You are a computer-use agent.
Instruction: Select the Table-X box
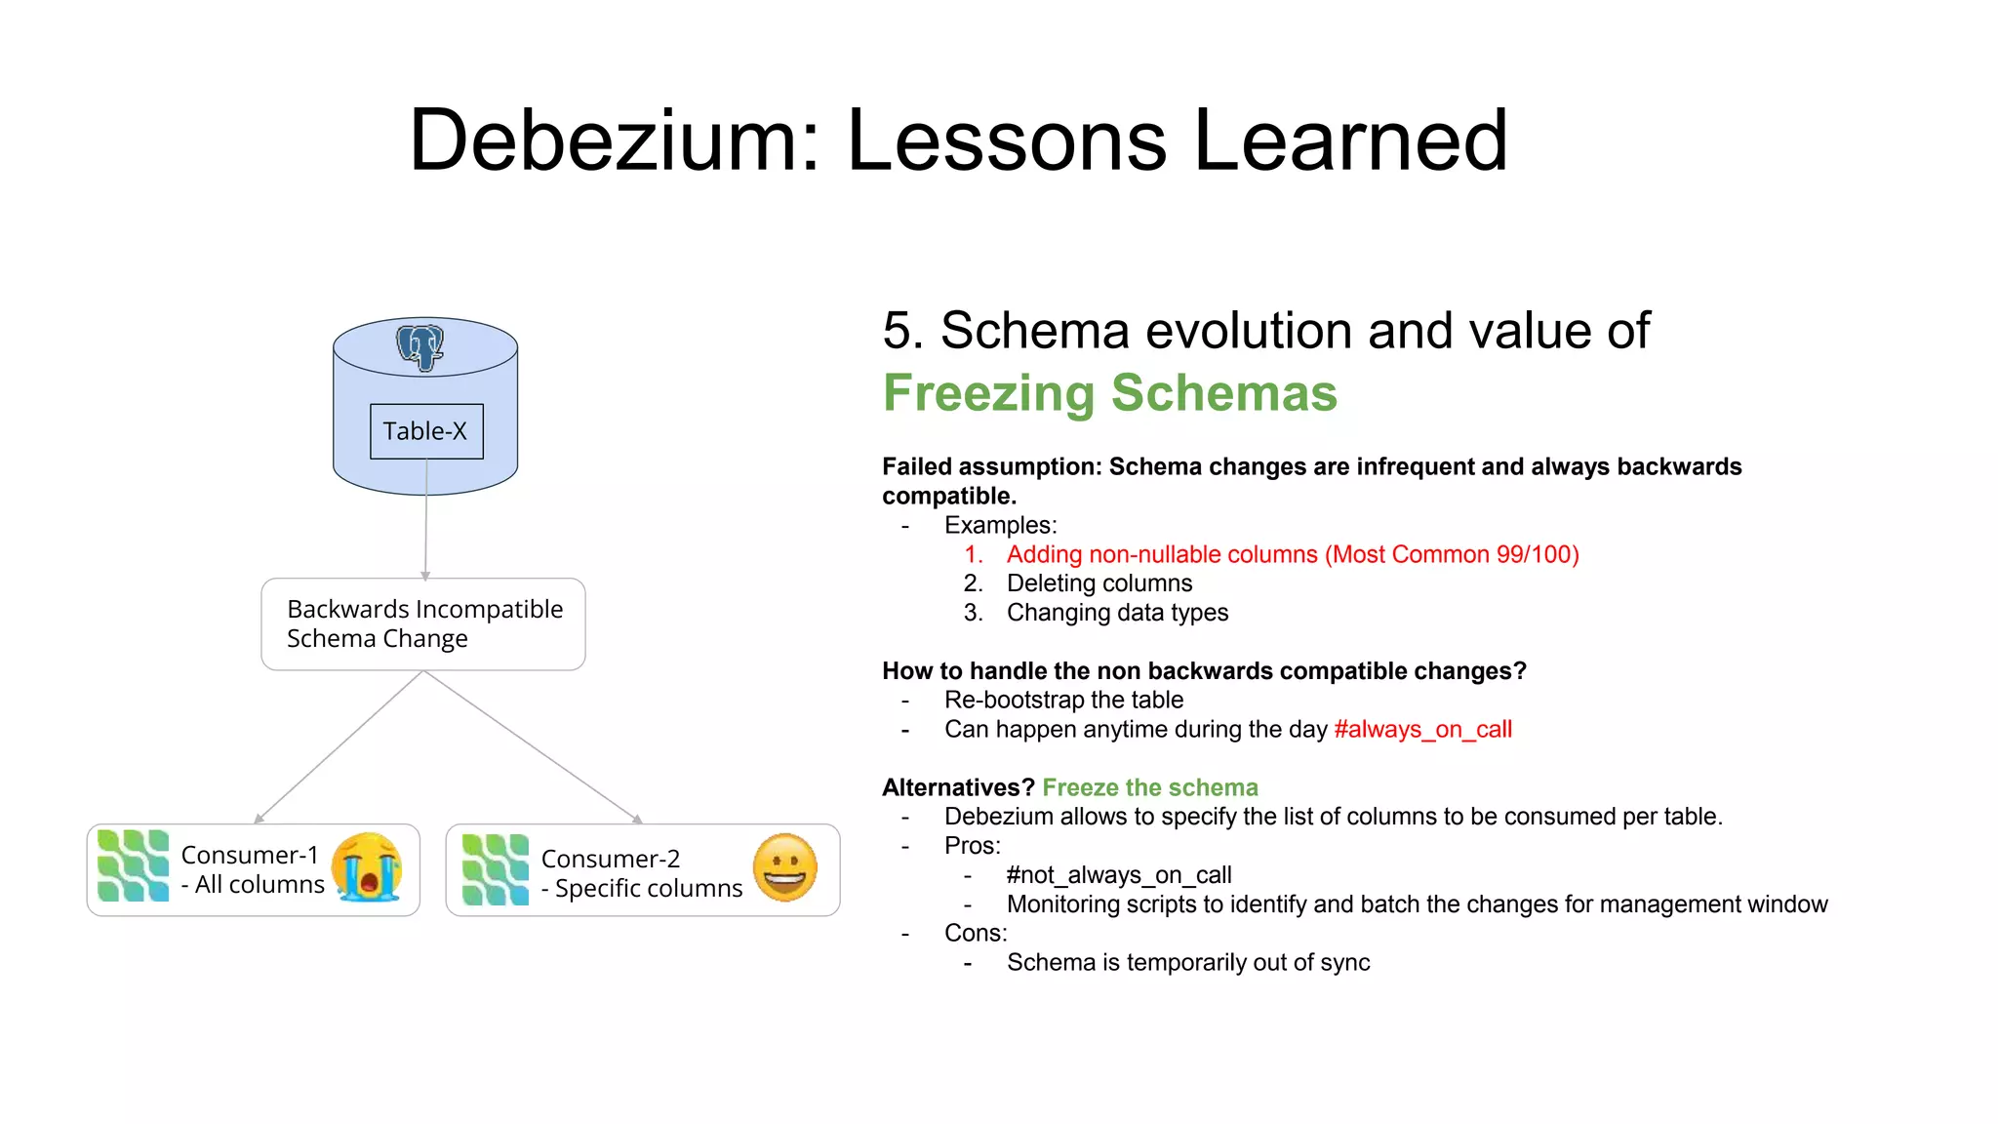[x=426, y=431]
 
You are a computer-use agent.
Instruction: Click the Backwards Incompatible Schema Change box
[x=423, y=624]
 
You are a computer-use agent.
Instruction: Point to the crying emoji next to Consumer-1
[x=367, y=867]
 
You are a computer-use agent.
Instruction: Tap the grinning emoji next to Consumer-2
[x=784, y=867]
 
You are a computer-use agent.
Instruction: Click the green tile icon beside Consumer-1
[x=134, y=866]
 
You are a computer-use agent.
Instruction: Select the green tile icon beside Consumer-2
[x=496, y=869]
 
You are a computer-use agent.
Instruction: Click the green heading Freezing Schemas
[x=1109, y=393]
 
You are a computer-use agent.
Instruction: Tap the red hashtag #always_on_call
[x=1422, y=730]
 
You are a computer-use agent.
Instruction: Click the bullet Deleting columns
[x=1099, y=583]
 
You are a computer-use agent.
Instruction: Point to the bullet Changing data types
[x=1117, y=613]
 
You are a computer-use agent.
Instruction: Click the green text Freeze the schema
[x=1149, y=787]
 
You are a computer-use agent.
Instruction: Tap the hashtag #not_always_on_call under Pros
[x=1119, y=875]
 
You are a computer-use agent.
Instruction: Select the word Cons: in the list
[x=975, y=934]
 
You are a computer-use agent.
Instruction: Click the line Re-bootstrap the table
[x=1063, y=701]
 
